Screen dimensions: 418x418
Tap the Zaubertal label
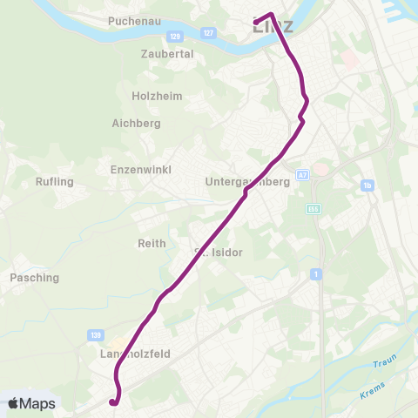click(x=167, y=53)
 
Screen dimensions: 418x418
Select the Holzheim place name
click(x=157, y=96)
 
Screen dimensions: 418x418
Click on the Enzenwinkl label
click(x=141, y=169)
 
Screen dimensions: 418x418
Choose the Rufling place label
click(x=55, y=182)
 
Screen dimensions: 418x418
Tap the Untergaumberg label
click(x=246, y=182)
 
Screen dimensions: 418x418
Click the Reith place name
click(x=152, y=244)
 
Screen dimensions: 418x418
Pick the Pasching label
click(x=34, y=278)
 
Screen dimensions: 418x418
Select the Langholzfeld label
click(x=134, y=354)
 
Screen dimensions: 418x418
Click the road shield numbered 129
click(x=175, y=36)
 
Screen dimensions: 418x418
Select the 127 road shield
click(x=206, y=32)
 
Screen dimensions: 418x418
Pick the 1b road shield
click(x=368, y=186)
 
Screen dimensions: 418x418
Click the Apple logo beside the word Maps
click(x=14, y=404)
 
